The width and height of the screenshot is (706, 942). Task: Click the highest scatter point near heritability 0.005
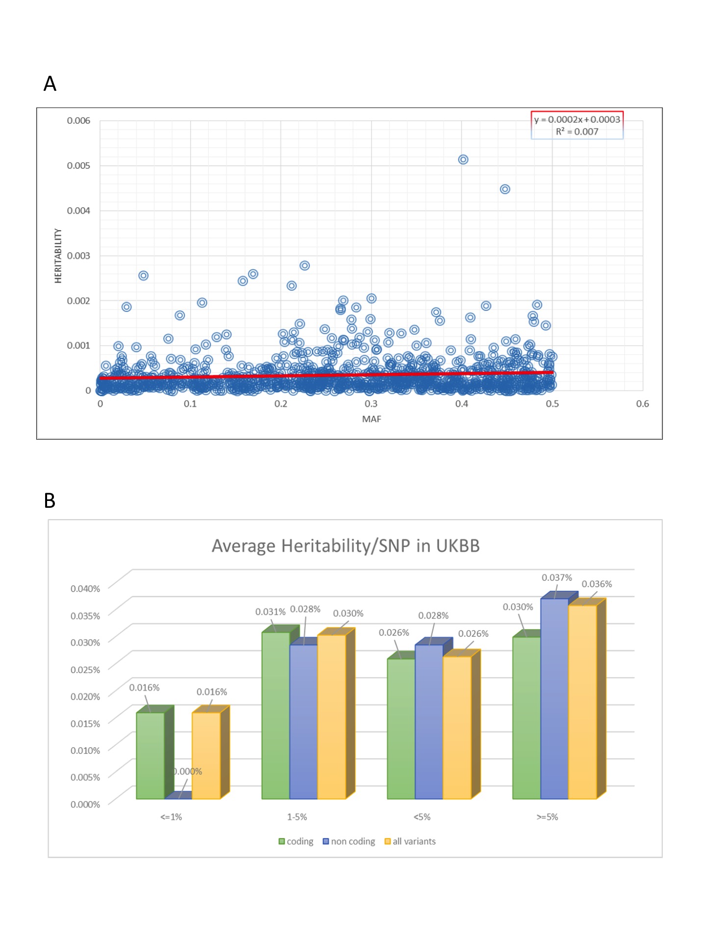pos(463,159)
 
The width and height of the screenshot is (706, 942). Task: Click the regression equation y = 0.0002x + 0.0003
pos(577,119)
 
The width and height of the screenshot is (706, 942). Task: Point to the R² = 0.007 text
pos(577,131)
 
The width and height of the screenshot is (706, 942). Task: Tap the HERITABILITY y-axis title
pos(58,256)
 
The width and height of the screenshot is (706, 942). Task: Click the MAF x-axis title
pos(372,419)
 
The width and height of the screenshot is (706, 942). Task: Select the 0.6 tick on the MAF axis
pos(642,404)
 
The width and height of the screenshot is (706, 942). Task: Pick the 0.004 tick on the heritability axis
pos(78,210)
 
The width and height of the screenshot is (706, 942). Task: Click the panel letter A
pos(50,84)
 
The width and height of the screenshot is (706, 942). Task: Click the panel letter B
pos(50,500)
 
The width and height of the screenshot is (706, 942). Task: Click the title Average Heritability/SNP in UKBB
pos(346,546)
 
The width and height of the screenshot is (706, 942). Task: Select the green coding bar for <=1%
pos(151,756)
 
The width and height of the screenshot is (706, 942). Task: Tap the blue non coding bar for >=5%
pos(555,697)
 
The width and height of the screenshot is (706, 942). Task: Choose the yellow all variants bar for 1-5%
pos(332,716)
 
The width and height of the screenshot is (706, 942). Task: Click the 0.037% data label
pos(556,578)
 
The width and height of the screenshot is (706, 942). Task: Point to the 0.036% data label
pos(597,584)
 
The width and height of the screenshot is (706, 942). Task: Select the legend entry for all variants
pos(410,841)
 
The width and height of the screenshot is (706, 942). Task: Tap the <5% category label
pos(422,817)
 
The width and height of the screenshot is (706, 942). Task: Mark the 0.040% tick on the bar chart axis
pos(85,589)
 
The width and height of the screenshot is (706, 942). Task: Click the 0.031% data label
pos(270,612)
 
